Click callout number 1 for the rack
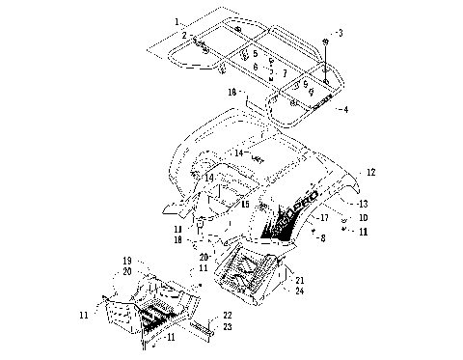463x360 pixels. [x=177, y=21]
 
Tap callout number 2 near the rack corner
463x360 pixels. [x=182, y=35]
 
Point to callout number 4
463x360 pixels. [x=345, y=109]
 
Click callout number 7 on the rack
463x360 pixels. [x=285, y=73]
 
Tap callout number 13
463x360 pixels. [x=363, y=204]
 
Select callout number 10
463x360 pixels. [x=363, y=218]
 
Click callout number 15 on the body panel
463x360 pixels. [x=245, y=205]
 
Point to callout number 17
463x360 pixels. [x=324, y=218]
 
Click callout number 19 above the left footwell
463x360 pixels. [x=126, y=262]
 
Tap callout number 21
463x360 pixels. [x=299, y=280]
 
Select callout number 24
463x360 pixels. [x=299, y=291]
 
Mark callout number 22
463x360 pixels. [x=228, y=316]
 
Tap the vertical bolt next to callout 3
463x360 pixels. [x=328, y=68]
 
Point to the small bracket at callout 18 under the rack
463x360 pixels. [x=247, y=98]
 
